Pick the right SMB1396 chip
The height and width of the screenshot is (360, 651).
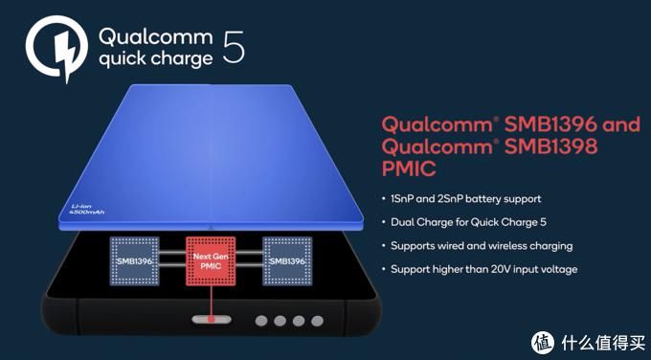pos(286,260)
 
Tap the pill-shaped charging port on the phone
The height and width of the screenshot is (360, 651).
pos(205,320)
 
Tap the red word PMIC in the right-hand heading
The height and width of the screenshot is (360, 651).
pos(409,170)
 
